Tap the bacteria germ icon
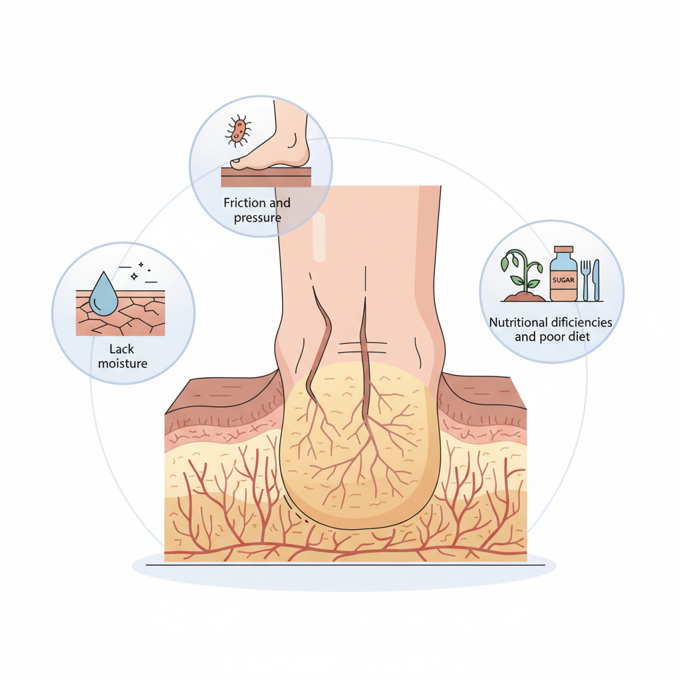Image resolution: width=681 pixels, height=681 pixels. pyautogui.click(x=238, y=130)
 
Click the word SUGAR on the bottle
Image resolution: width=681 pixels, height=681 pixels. pyautogui.click(x=563, y=280)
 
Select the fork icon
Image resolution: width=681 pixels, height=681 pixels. pyautogui.click(x=585, y=280)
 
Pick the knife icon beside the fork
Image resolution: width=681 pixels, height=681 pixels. pyautogui.click(x=597, y=280)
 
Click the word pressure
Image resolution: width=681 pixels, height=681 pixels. pyautogui.click(x=257, y=217)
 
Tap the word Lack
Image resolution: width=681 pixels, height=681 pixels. pyautogui.click(x=122, y=349)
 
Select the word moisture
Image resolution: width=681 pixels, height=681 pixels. pyautogui.click(x=122, y=364)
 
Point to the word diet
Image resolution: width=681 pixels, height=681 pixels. pyautogui.click(x=580, y=337)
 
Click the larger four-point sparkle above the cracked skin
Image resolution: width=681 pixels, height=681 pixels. pyautogui.click(x=134, y=276)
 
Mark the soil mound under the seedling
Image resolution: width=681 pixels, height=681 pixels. pyautogui.click(x=524, y=297)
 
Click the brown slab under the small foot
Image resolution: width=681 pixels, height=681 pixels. pyautogui.click(x=266, y=177)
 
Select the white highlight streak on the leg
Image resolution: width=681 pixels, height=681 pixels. pyautogui.click(x=319, y=237)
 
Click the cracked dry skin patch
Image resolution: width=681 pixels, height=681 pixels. pyautogui.click(x=120, y=313)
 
